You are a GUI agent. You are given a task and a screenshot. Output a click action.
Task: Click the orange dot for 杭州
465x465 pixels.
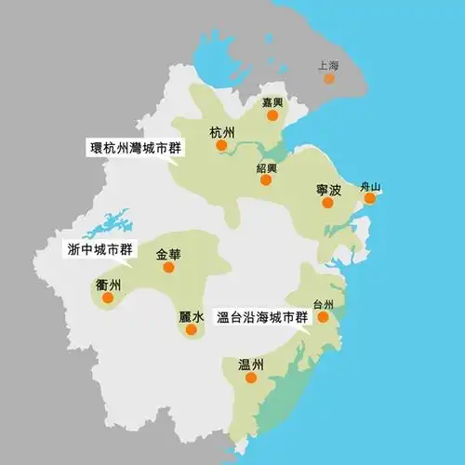(x=221, y=145)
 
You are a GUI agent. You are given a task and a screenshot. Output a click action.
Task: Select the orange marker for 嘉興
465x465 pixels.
(x=272, y=115)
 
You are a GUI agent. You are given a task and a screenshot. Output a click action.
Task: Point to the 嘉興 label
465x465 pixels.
(x=272, y=101)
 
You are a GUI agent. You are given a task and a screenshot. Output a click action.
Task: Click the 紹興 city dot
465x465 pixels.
(x=265, y=180)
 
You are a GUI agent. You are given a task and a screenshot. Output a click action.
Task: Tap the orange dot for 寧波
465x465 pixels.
(x=327, y=203)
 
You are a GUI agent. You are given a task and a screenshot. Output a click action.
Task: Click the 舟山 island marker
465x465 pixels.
(x=370, y=198)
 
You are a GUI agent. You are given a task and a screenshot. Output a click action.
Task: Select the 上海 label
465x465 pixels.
(x=327, y=66)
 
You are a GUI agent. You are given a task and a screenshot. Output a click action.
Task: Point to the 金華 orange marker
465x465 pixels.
(x=168, y=267)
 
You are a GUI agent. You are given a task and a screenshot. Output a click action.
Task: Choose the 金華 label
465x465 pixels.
(x=168, y=253)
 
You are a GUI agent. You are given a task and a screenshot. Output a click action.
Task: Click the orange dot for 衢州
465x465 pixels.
(x=108, y=299)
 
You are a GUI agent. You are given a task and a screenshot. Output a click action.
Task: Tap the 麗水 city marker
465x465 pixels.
(x=192, y=329)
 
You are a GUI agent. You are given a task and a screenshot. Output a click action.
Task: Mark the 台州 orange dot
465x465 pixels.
(x=323, y=316)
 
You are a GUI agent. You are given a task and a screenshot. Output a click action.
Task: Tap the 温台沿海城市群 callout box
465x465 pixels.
(x=261, y=316)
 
